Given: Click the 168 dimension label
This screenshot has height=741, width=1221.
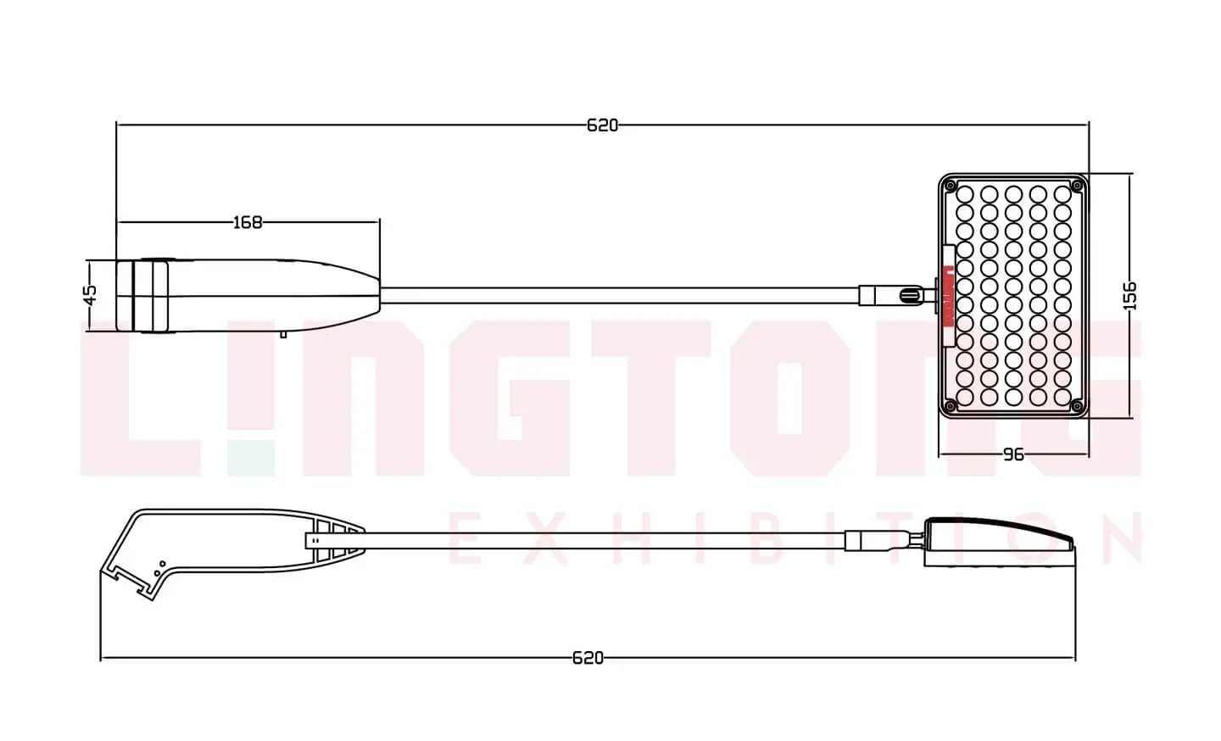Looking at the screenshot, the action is coord(248,222).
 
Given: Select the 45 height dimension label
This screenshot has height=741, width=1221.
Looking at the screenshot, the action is coord(91,295).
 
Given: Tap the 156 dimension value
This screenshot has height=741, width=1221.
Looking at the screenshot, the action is coord(1130,295).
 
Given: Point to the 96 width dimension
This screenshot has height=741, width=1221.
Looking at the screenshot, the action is coord(1013,454).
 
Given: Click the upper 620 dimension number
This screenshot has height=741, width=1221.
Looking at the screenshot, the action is coord(602,125).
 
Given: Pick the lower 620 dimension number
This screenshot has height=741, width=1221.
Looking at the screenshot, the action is coord(588,658).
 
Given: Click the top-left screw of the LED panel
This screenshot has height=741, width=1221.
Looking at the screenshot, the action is coord(951,186).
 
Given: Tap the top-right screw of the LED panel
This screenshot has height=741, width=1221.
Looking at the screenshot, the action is coord(1077,186).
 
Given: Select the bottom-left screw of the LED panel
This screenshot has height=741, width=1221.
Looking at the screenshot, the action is coord(951,406).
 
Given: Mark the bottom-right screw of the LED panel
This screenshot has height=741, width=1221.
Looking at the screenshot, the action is coord(1077,406).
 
